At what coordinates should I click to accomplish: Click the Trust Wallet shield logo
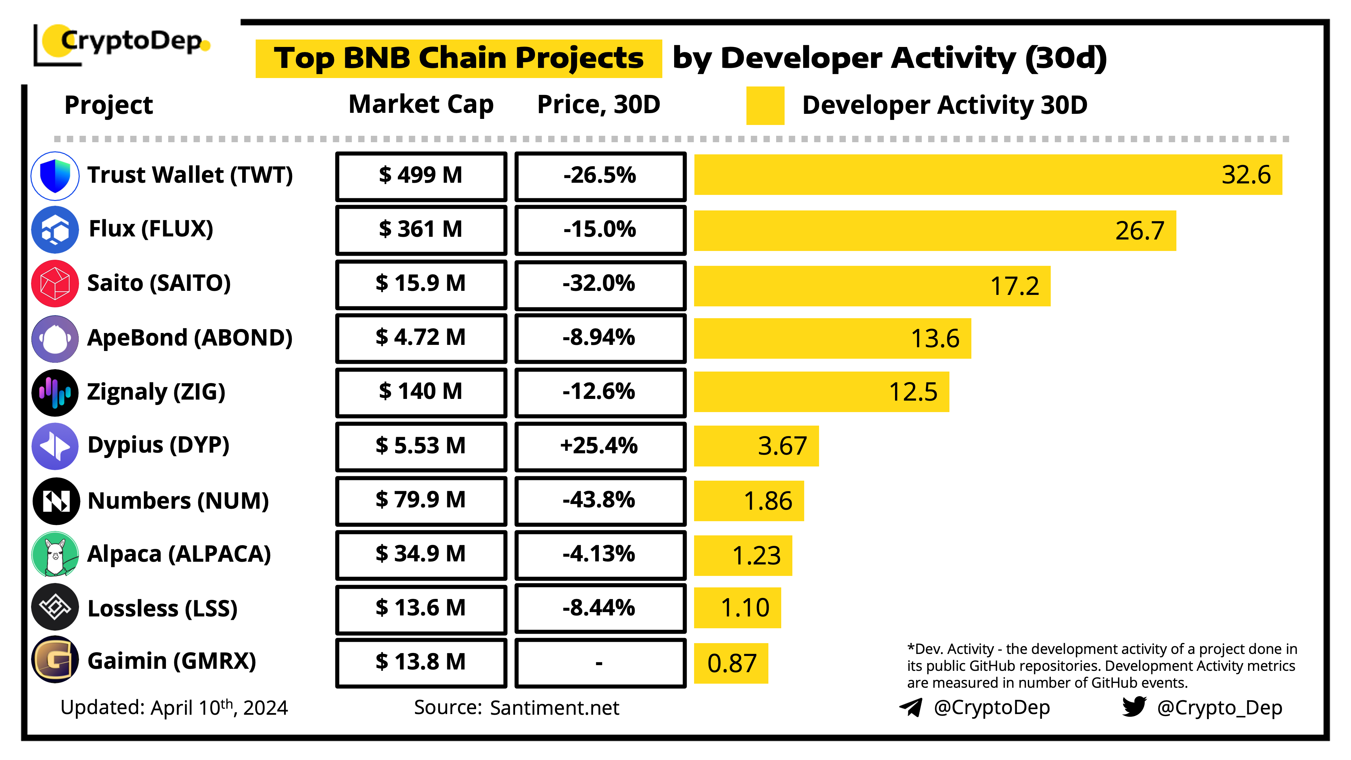[55, 176]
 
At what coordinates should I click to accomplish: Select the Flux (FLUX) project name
[151, 229]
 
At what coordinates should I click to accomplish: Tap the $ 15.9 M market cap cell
[420, 284]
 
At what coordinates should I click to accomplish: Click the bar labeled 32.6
[988, 175]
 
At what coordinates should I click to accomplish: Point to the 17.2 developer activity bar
[872, 286]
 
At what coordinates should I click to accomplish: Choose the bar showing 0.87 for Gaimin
[731, 663]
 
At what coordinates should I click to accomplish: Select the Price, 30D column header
[598, 104]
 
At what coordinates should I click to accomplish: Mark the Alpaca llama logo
[55, 554]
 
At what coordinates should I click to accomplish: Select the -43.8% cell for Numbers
[600, 500]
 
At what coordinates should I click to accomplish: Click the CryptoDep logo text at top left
[131, 41]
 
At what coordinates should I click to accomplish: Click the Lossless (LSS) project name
[162, 608]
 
